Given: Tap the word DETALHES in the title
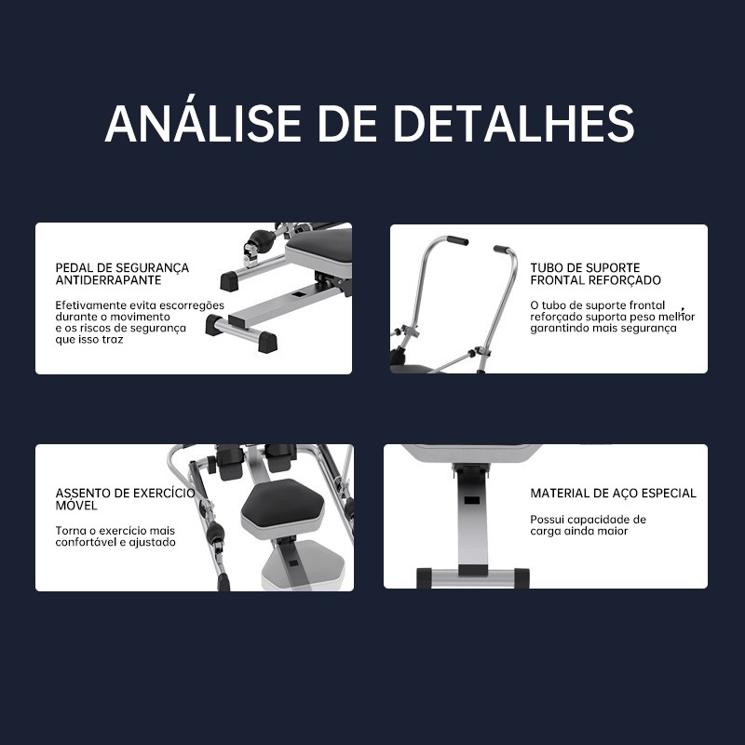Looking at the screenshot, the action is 514,123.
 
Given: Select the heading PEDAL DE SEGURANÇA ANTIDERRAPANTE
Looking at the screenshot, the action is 122,274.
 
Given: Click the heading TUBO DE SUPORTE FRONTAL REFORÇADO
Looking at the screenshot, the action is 595,274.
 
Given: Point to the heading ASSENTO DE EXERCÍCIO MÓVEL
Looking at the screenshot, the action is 125,499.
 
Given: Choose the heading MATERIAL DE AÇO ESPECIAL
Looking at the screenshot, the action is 613,494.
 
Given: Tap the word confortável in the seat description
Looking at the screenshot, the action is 85,542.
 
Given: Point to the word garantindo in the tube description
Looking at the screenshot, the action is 557,329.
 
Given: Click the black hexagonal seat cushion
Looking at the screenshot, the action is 283,503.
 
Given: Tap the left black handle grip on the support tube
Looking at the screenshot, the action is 457,240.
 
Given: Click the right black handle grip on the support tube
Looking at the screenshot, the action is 501,249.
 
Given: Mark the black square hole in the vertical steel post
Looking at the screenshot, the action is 471,500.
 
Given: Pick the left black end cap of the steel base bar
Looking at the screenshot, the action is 424,577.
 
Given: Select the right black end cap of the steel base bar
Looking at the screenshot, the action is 521,577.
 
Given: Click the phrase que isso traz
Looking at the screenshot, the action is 88,340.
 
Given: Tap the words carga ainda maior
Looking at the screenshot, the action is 578,531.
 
